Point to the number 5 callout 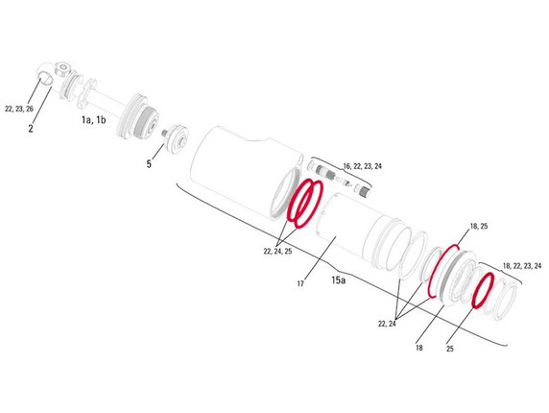coord(149,164)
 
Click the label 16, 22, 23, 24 coord(349,166)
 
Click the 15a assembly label coord(339,279)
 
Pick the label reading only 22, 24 coord(388,324)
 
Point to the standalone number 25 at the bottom coord(450,348)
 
